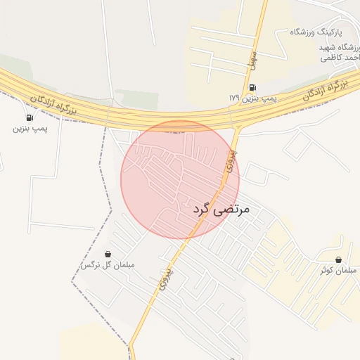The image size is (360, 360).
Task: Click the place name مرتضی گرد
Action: click(x=220, y=210)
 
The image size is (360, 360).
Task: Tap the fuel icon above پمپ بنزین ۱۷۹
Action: click(x=253, y=87)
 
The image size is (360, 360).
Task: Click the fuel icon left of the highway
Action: click(x=30, y=117)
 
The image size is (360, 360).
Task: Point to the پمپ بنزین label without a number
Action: click(x=30, y=129)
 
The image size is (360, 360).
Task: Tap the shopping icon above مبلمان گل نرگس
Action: click(x=108, y=254)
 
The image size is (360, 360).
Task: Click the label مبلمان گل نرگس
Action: click(x=107, y=265)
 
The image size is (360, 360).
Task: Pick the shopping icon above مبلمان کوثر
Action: click(x=339, y=260)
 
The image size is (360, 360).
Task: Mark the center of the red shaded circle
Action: click(x=180, y=179)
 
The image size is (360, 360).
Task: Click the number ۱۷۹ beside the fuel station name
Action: click(x=234, y=97)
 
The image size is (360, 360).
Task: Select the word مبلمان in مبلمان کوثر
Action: click(x=347, y=271)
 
